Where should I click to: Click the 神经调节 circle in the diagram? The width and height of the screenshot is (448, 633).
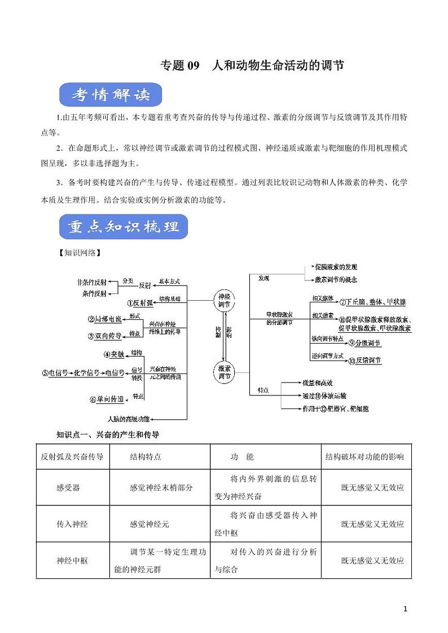(x=225, y=300)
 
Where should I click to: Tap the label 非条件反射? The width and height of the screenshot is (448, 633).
(x=91, y=282)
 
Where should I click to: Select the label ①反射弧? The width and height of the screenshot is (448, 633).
(x=140, y=302)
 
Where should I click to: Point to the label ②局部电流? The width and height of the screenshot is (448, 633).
(x=105, y=319)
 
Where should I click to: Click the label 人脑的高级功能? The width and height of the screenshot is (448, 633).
(x=129, y=419)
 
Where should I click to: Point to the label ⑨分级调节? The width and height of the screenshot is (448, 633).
(x=364, y=342)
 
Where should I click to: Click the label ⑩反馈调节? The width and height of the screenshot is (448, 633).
(x=364, y=361)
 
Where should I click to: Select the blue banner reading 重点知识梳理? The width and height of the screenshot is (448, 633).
(x=124, y=227)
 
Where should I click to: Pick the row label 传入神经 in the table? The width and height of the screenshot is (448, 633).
(x=72, y=524)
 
